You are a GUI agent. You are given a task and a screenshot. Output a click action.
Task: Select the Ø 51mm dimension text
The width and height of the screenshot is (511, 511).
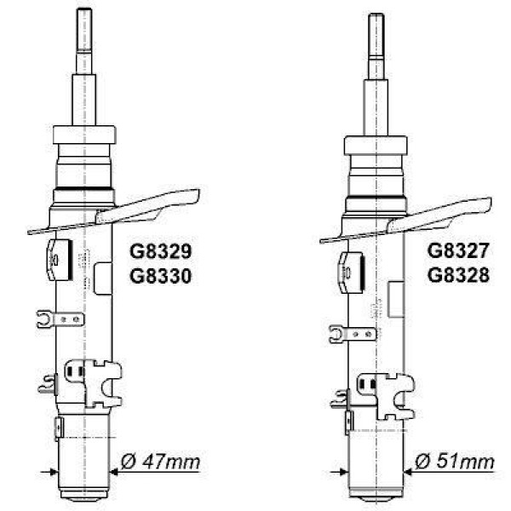pyautogui.click(x=454, y=463)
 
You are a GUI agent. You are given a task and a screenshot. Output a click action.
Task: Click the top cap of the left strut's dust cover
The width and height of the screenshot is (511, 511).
pyautogui.click(x=83, y=135)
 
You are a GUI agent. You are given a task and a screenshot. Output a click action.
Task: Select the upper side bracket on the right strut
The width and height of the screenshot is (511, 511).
pyautogui.click(x=353, y=272)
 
